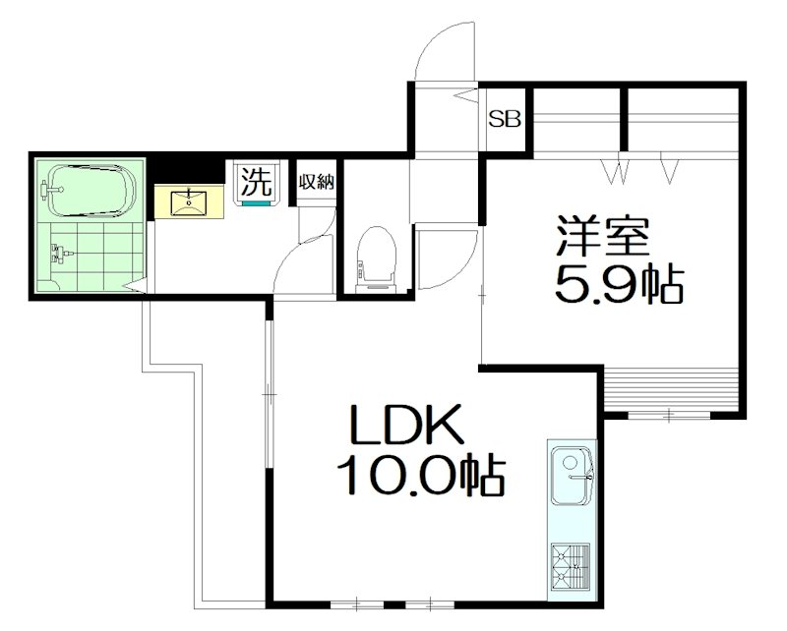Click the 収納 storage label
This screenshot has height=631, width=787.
click(317, 182)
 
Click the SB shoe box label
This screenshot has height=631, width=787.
click(506, 121)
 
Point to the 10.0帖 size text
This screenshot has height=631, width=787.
click(420, 479)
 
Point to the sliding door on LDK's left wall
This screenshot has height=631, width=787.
click(268, 393)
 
